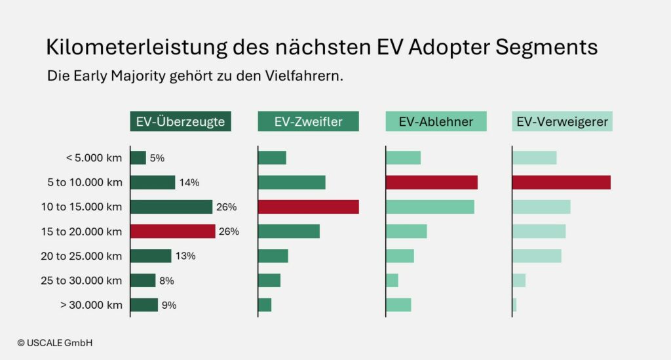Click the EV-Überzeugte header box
pyautogui.click(x=180, y=121)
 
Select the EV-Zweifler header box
pyautogui.click(x=308, y=121)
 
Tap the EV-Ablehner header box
pyautogui.click(x=436, y=121)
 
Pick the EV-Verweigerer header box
pyautogui.click(x=562, y=121)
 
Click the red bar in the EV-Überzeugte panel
pyautogui.click(x=173, y=231)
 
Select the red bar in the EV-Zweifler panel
pyautogui.click(x=309, y=207)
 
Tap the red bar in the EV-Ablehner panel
pyautogui.click(x=432, y=182)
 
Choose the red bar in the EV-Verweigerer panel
pyautogui.click(x=562, y=182)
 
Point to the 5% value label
pyautogui.click(x=157, y=158)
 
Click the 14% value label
pyautogui.click(x=189, y=182)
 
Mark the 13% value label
pyautogui.click(x=185, y=256)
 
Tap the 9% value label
pyautogui.click(x=169, y=305)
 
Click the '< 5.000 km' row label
pyautogui.click(x=94, y=158)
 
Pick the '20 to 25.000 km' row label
pyautogui.click(x=81, y=256)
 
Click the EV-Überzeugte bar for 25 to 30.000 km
pyautogui.click(x=144, y=281)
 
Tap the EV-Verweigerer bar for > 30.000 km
pyautogui.click(x=514, y=305)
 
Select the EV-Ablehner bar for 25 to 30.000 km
pyautogui.click(x=393, y=281)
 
